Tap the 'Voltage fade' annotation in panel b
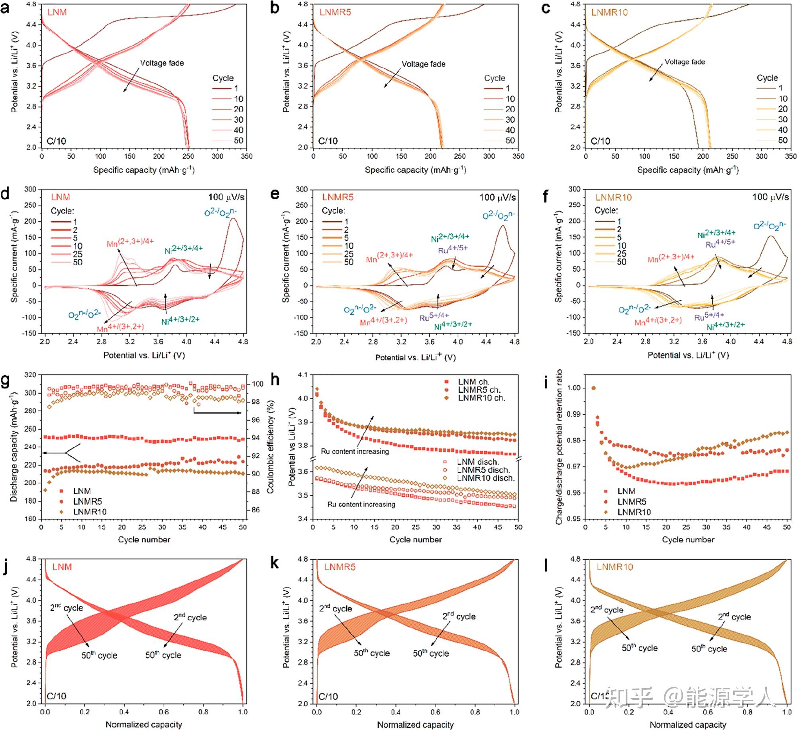pyautogui.click(x=423, y=64)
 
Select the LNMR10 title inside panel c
pyautogui.click(x=609, y=12)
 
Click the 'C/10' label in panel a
pyautogui.click(x=56, y=141)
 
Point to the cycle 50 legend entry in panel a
pyautogui.click(x=238, y=140)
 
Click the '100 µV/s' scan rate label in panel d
pyautogui.click(x=226, y=197)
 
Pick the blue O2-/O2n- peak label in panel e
pyautogui.click(x=499, y=216)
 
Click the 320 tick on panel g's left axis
pyautogui.click(x=30, y=375)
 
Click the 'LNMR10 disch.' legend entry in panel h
pyautogui.click(x=485, y=478)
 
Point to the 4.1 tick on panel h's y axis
pyautogui.click(x=302, y=375)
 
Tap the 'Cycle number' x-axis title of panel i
pyautogui.click(x=688, y=540)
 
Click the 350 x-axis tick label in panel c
pyautogui.click(x=791, y=157)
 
